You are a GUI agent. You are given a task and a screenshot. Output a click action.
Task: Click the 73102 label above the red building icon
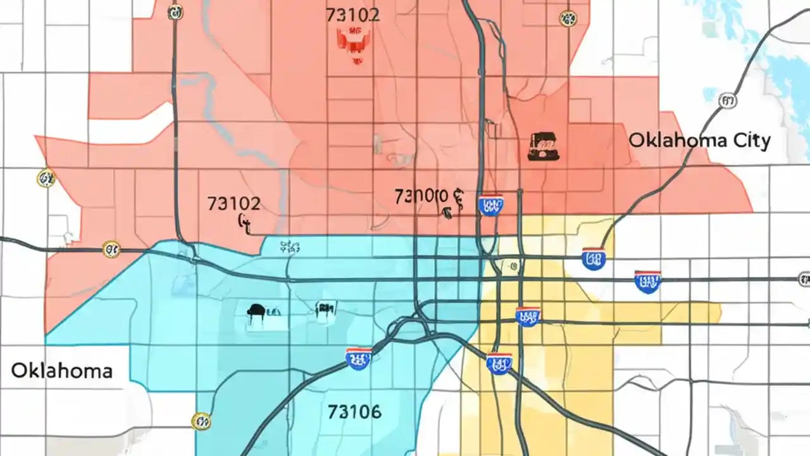pyautogui.click(x=352, y=15)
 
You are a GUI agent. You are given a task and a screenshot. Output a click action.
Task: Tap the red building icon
pyautogui.click(x=352, y=41)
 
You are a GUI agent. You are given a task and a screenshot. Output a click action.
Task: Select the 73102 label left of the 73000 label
pyautogui.click(x=234, y=203)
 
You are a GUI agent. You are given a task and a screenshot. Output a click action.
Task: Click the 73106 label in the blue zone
pyautogui.click(x=354, y=412)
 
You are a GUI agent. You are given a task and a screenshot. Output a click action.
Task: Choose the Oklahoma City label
pyautogui.click(x=699, y=141)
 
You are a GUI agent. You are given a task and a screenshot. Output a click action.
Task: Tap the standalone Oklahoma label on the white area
pyautogui.click(x=62, y=370)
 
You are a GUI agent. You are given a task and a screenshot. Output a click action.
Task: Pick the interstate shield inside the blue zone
pyautogui.click(x=358, y=358)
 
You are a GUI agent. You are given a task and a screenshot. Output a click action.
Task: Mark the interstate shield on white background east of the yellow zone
pyautogui.click(x=647, y=281)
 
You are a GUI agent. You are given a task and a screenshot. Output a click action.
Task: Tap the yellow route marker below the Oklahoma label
pyautogui.click(x=201, y=421)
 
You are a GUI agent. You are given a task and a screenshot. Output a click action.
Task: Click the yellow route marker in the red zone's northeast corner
pyautogui.click(x=568, y=18)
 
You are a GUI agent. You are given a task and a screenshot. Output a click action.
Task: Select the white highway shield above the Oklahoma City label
pyautogui.click(x=728, y=100)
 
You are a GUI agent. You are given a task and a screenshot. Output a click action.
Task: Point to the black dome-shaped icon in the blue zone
pyautogui.click(x=256, y=311)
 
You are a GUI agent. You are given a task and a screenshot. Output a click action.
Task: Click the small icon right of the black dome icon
pyautogui.click(x=325, y=308)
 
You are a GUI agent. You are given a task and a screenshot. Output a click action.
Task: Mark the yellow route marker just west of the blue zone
pyautogui.click(x=111, y=249)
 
